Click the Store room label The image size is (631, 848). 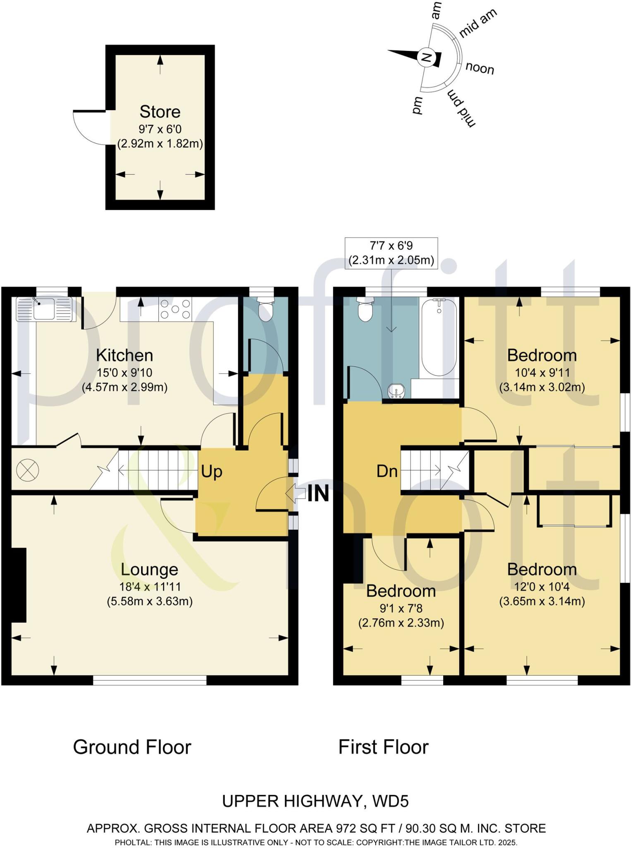coord(160,112)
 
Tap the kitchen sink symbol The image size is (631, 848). coord(44,309)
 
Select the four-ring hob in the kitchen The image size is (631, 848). coord(175,309)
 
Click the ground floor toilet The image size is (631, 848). coord(265,308)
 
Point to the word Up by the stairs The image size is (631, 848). coord(211,472)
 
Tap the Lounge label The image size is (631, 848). coord(149,569)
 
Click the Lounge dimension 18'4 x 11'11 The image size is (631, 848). coord(150,586)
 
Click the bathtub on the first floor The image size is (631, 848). coord(439,337)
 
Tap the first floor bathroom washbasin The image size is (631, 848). coord(397,390)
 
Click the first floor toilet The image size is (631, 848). coord(365,309)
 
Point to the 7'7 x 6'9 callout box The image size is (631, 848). coord(391,253)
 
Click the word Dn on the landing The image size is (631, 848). coord(387,471)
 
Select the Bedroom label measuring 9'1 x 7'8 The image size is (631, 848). coord(401,591)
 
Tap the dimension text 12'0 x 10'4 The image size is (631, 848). coord(542,586)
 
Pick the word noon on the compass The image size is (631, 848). coord(480,68)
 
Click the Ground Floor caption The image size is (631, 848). coord(132,747)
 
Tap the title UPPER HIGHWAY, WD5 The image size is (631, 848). coord(315,801)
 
